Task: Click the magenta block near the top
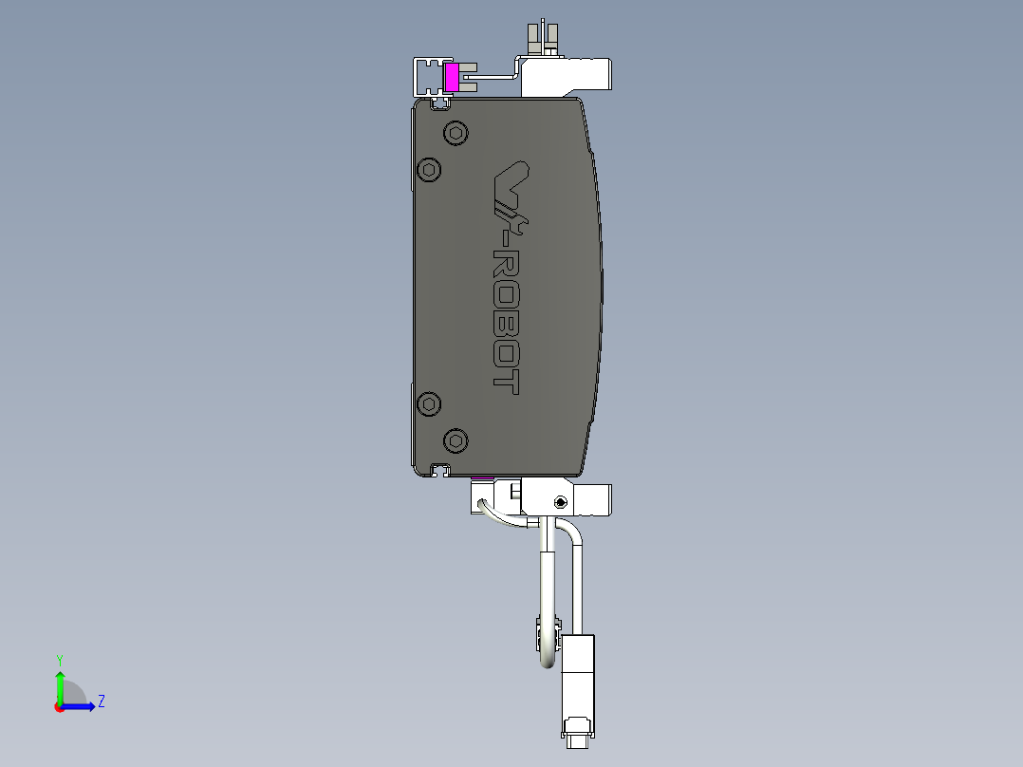pyautogui.click(x=452, y=78)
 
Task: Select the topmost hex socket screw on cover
pyautogui.click(x=456, y=134)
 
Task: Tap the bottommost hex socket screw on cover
pyautogui.click(x=456, y=440)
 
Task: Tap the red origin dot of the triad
pyautogui.click(x=59, y=707)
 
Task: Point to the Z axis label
pyautogui.click(x=101, y=702)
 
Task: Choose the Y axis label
pyautogui.click(x=59, y=659)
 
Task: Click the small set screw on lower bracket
pyautogui.click(x=561, y=501)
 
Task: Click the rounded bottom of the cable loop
pyautogui.click(x=549, y=663)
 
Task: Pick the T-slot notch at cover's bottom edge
pyautogui.click(x=439, y=469)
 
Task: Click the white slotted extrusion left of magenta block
pyautogui.click(x=428, y=76)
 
